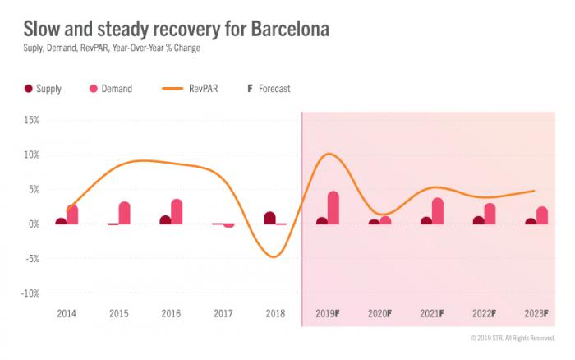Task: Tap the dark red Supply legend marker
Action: (x=28, y=88)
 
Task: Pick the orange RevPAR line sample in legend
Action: (x=182, y=88)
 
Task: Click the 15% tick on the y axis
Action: (x=31, y=120)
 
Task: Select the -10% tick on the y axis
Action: (x=30, y=293)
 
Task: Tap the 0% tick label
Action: (x=33, y=224)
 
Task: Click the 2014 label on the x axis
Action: (x=67, y=314)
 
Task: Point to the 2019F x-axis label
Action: (x=329, y=314)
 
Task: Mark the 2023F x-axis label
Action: (x=536, y=314)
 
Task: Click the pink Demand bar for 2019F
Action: (x=333, y=208)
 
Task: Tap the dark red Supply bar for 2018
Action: (x=270, y=218)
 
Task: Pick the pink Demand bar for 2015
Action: (x=124, y=213)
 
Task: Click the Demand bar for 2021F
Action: (x=437, y=211)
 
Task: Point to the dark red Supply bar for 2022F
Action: (x=478, y=220)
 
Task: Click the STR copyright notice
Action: (x=513, y=338)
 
